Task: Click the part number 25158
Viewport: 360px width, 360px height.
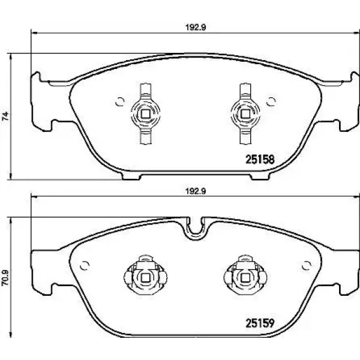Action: point(260,159)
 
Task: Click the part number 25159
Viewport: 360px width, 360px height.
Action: point(260,323)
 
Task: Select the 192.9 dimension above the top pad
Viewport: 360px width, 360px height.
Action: point(196,28)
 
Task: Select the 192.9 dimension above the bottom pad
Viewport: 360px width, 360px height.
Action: point(196,191)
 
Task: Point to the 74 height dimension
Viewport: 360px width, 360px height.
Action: point(5,116)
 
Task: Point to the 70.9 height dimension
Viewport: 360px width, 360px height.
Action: point(5,277)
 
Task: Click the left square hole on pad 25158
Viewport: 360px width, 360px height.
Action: point(145,113)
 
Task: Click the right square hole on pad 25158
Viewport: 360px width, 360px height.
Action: point(245,113)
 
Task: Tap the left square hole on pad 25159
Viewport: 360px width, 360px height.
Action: point(145,278)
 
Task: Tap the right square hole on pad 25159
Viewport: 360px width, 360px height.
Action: point(245,278)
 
